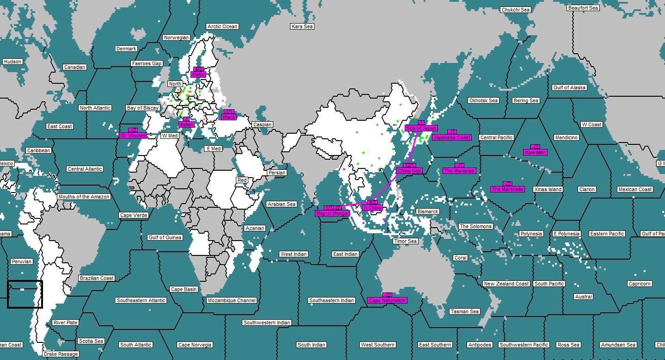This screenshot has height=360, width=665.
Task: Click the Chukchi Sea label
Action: coord(516,10)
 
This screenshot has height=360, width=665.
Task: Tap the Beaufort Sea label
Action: coord(583,8)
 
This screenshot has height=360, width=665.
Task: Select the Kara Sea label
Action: coord(302,26)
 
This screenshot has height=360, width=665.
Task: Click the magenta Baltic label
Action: coord(198,74)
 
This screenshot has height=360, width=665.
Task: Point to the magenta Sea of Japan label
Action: coord(421,128)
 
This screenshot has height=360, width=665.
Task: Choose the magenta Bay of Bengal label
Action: coord(332,213)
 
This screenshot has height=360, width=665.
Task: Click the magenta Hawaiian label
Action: coord(536,152)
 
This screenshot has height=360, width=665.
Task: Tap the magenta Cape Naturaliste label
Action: coord(388,300)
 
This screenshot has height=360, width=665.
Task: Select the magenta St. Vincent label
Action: coord(133,136)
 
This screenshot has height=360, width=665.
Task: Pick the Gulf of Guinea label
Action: coord(165,237)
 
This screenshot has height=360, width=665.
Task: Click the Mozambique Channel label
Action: coord(232,300)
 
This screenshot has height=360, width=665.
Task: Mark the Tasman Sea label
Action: coord(465,311)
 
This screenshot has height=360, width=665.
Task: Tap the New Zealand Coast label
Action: coord(506,284)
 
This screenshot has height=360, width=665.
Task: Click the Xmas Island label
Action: coord(548,189)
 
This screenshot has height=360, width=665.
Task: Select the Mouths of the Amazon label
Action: coord(84,197)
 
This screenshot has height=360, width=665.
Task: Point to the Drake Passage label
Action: coord(61,354)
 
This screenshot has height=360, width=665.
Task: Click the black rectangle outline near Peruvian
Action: coord(25,294)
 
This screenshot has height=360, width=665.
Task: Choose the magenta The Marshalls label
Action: coord(507,189)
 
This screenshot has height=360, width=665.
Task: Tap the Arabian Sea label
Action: coord(282,204)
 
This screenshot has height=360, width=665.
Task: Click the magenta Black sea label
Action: coord(229,117)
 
